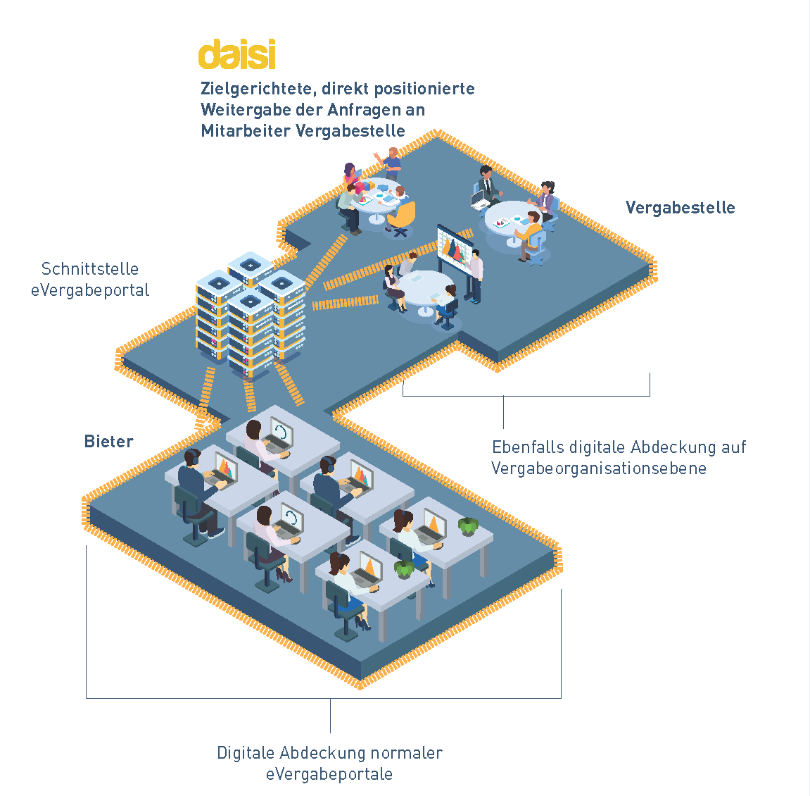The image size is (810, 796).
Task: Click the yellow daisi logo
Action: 236,55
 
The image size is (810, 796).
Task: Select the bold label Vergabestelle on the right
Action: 680,208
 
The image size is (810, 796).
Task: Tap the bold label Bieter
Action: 108,442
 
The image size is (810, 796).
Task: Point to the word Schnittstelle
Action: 90,269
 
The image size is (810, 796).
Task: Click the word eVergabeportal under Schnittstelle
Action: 90,290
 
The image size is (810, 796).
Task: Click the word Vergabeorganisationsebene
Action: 598,468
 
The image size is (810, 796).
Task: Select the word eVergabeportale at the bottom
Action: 329,774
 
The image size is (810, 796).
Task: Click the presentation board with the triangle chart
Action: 455,247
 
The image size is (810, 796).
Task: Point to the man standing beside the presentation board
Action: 477,275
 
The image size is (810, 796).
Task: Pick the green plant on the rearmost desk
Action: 468,526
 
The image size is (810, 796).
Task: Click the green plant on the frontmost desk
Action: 404,568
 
